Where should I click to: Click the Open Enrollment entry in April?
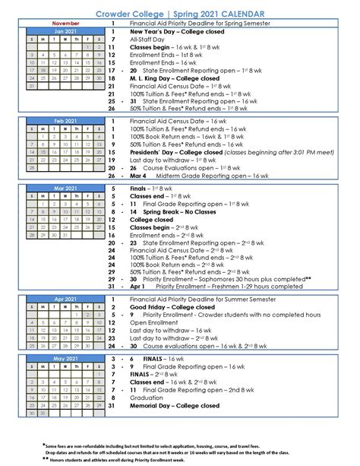156,322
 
